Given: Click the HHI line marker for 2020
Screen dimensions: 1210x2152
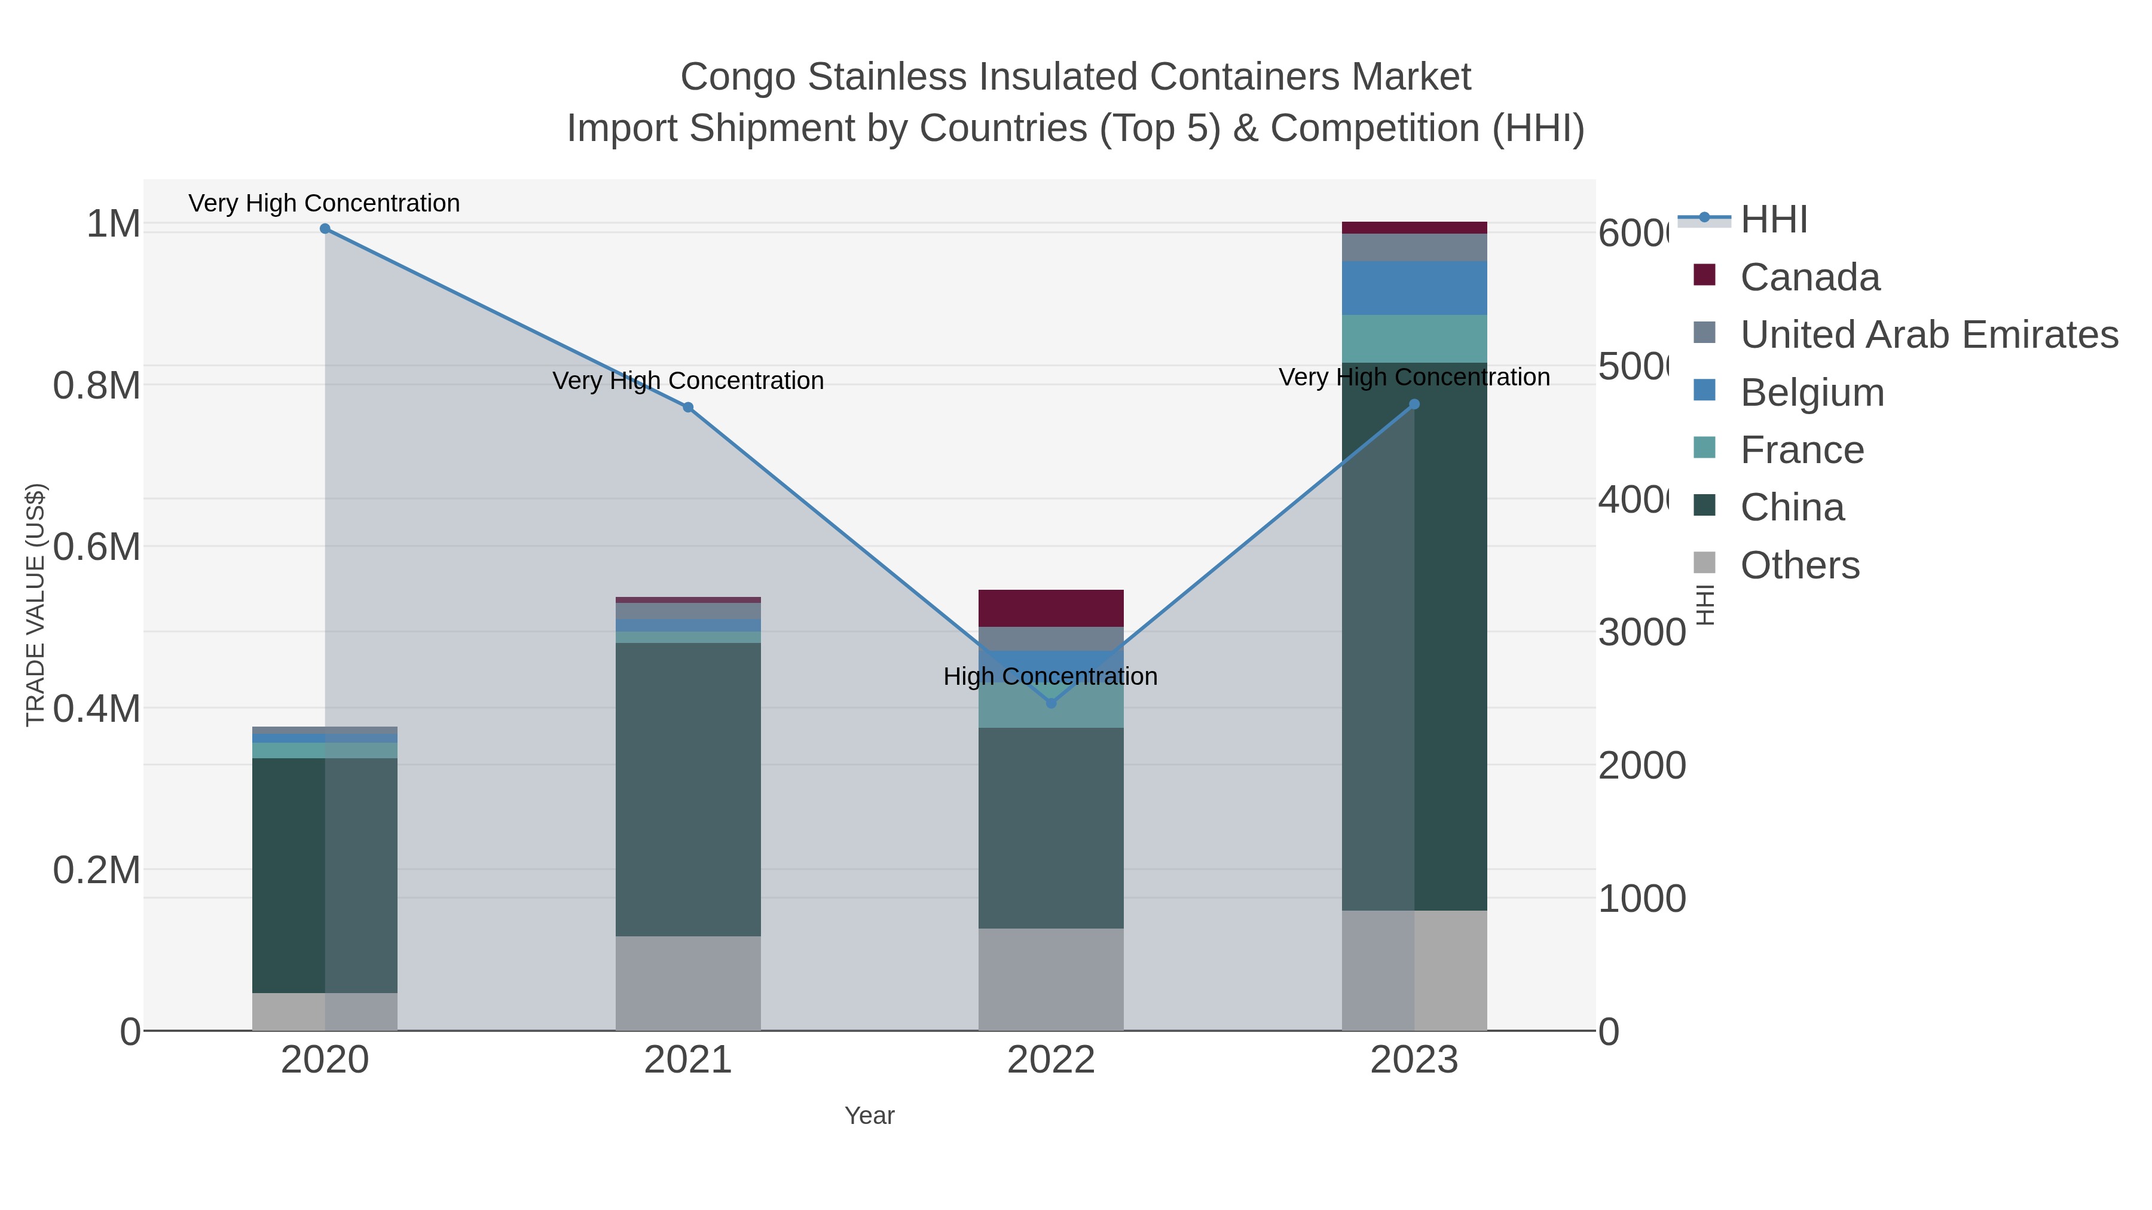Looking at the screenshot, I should [x=325, y=229].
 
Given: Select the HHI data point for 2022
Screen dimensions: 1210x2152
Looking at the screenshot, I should [x=1051, y=703].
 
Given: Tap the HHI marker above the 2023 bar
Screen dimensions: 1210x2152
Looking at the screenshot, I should [x=1414, y=404].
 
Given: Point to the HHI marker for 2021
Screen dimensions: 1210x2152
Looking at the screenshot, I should [x=687, y=408].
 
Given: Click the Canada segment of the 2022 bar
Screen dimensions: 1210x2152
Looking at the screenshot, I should [x=1050, y=608].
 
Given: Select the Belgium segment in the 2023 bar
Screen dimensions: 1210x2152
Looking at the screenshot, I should [x=1414, y=288].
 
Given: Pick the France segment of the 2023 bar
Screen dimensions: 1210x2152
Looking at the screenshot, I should [x=1414, y=338].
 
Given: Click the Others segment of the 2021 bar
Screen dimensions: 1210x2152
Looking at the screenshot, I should [x=687, y=983].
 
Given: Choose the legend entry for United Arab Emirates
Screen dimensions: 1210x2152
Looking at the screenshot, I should [x=1928, y=335].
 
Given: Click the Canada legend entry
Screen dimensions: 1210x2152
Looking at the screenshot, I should [x=1809, y=277].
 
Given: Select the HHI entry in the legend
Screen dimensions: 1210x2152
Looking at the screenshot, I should [x=1773, y=220].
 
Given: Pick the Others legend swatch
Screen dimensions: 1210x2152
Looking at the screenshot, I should [x=1704, y=563].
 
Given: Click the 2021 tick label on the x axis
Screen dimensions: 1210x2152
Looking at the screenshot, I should [x=687, y=1061].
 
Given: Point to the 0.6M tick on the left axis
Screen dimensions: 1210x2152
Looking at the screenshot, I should [x=96, y=548].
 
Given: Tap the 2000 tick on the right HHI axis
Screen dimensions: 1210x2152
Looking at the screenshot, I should [x=1641, y=766].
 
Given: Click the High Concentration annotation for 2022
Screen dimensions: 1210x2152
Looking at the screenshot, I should [x=1050, y=676].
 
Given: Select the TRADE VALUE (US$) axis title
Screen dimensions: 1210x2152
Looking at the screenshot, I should [x=35, y=605].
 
